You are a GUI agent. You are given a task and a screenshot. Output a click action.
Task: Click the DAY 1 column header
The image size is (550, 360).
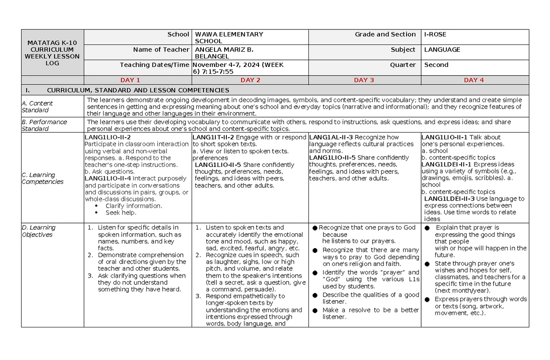tap(130, 80)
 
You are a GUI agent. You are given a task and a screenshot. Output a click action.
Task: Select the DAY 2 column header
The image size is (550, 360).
tap(250, 80)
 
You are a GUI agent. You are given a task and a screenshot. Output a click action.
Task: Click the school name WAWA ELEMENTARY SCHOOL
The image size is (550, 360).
tap(229, 38)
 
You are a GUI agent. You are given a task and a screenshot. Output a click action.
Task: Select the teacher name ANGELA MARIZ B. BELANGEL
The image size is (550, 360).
tap(225, 53)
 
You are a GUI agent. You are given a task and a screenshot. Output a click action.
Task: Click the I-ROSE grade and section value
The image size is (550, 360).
tap(435, 34)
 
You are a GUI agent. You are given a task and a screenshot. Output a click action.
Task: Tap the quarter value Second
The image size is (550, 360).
tap(436, 65)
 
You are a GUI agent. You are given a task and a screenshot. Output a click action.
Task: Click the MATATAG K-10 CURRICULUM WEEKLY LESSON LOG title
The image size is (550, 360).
tap(52, 53)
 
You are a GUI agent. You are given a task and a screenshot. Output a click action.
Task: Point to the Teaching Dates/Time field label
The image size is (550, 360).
tap(154, 65)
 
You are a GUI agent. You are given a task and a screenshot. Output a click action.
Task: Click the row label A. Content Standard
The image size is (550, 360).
tap(37, 107)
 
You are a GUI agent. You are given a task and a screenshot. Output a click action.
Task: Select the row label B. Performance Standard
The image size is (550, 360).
tap(44, 125)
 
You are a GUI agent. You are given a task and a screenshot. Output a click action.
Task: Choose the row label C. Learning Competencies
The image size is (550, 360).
tap(43, 178)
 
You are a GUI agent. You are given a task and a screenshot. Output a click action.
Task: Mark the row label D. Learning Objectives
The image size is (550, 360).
tap(38, 231)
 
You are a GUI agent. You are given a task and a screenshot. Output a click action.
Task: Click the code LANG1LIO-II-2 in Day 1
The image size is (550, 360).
tap(108, 138)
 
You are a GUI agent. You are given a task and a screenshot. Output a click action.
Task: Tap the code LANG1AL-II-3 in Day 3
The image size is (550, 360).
tap(331, 137)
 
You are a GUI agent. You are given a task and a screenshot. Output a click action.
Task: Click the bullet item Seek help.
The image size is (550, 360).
tap(121, 213)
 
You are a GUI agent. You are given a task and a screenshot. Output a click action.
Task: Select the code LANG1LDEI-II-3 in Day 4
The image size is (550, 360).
tap(449, 199)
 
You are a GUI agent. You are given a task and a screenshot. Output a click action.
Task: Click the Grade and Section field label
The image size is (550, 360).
tap(385, 34)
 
